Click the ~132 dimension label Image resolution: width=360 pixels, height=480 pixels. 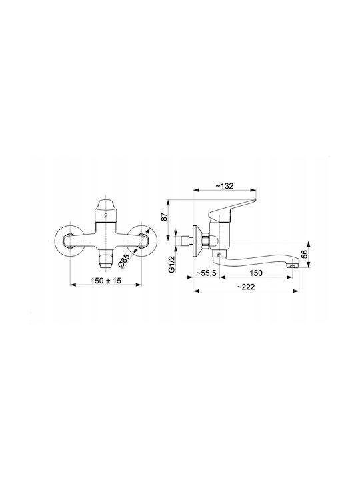[225, 186]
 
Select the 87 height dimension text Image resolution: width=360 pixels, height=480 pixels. [165, 217]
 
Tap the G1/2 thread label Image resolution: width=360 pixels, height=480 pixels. [171, 264]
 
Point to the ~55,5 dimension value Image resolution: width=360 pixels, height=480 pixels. [206, 273]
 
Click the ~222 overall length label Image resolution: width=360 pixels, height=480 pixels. [246, 287]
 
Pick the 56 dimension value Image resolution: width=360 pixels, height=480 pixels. [304, 254]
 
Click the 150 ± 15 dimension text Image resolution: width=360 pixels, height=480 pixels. [106, 281]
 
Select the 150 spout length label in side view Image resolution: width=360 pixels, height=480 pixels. [256, 273]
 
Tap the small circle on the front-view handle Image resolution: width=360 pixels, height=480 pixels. [105, 215]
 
